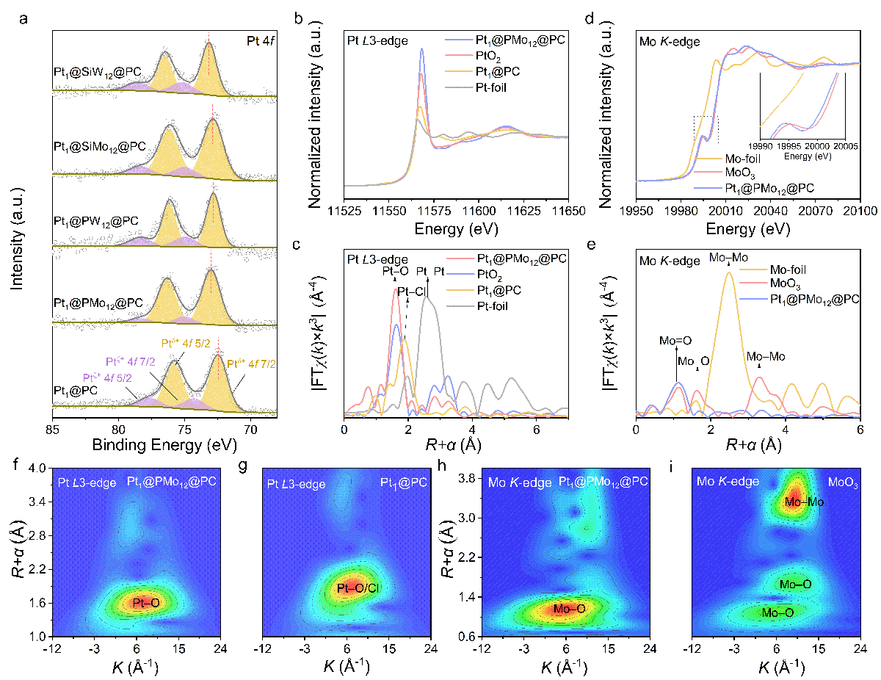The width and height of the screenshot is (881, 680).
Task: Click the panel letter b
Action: point(299,18)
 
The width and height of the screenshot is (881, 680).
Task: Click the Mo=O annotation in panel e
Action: point(675,341)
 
